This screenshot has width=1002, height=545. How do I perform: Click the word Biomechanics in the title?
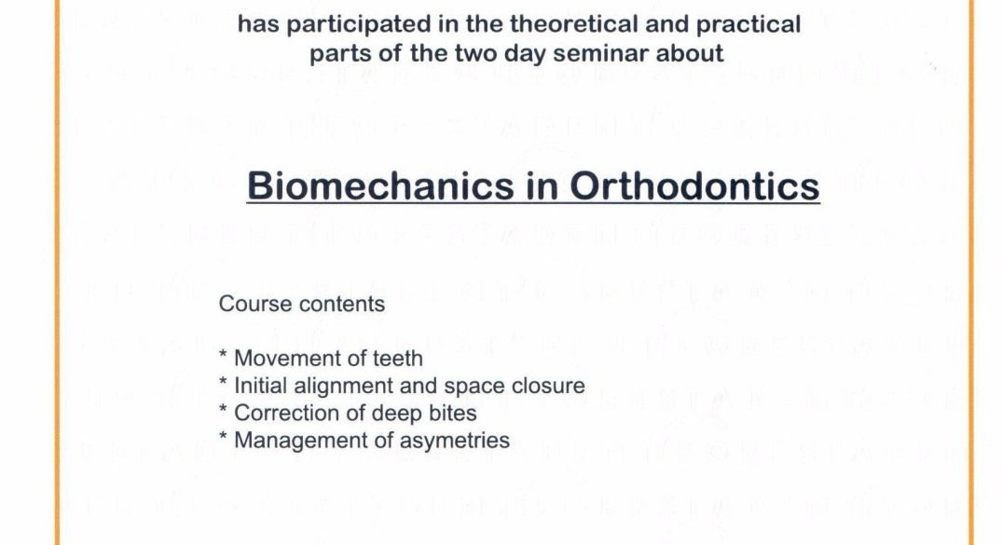coord(380,186)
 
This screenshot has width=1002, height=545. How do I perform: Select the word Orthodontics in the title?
coord(694,186)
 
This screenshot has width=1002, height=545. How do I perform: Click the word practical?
coord(748,25)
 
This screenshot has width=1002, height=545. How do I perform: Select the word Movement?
coord(282,359)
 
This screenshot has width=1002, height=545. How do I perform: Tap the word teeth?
coord(397,359)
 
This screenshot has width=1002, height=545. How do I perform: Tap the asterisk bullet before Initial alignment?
coord(223,382)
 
